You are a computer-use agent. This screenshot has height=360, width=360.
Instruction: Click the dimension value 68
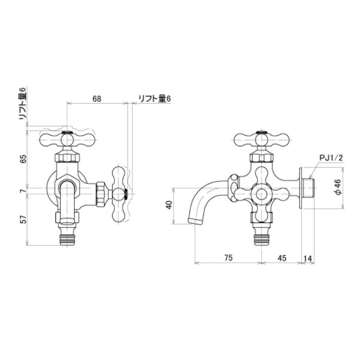point(97,99)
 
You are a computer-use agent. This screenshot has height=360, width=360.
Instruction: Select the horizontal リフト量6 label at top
point(154,99)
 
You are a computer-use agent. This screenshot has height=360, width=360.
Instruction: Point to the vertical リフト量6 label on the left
point(23,104)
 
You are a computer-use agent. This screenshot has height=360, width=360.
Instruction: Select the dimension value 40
point(169,205)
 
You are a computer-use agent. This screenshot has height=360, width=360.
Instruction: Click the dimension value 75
point(228,257)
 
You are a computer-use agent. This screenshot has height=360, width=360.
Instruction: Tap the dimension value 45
point(282,257)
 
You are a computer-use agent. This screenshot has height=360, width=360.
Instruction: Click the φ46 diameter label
point(337,188)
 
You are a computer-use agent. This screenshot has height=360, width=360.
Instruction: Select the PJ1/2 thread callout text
point(331,158)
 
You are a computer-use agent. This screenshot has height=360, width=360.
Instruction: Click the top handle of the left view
point(67,139)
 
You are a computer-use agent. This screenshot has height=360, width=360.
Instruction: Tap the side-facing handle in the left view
point(119,195)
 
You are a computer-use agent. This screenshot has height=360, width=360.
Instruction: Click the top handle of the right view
point(261,139)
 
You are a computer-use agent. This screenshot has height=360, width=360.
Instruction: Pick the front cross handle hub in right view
point(261,195)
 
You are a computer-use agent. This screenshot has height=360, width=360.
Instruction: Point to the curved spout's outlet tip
point(195,221)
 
